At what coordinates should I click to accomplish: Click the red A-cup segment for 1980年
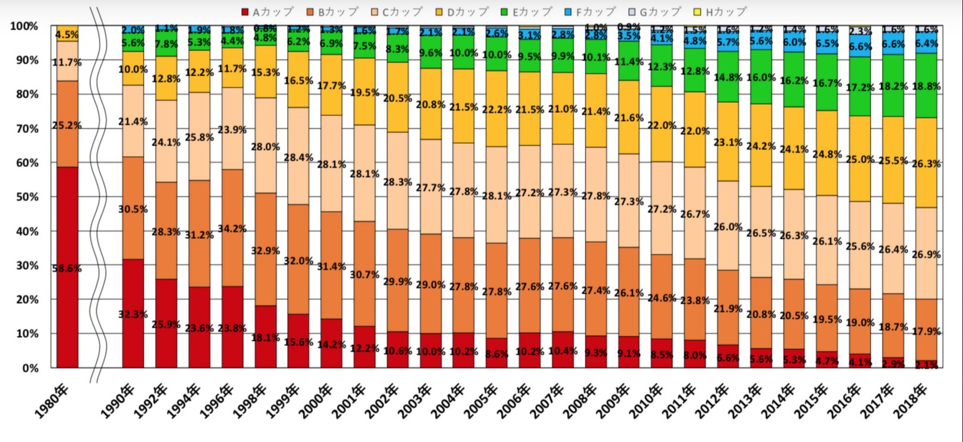[67, 315]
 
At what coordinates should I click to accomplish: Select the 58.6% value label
[67, 269]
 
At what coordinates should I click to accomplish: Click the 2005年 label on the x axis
[481, 401]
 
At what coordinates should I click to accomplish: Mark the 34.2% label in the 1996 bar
[232, 229]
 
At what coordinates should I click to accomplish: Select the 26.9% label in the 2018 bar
[926, 254]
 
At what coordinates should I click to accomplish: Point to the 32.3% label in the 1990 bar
[133, 314]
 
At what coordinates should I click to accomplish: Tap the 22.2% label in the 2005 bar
[496, 109]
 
